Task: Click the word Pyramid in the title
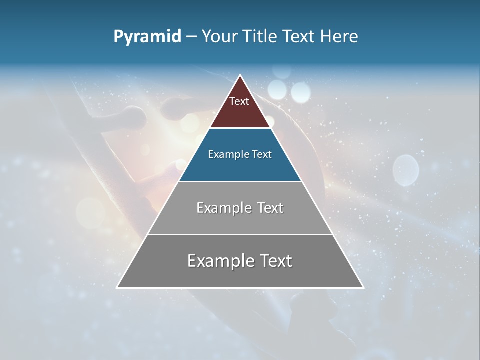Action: pyautogui.click(x=147, y=37)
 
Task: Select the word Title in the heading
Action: pyautogui.click(x=262, y=37)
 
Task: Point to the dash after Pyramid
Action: pyautogui.click(x=191, y=37)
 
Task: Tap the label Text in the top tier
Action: pyautogui.click(x=239, y=101)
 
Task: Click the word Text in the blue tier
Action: pyautogui.click(x=262, y=154)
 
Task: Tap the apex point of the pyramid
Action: pyautogui.click(x=240, y=75)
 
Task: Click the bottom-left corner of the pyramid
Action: pyautogui.click(x=117, y=288)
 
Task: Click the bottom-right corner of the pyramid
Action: pyautogui.click(x=363, y=288)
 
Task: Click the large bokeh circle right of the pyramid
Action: pyautogui.click(x=405, y=170)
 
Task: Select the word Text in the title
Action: pyautogui.click(x=298, y=37)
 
